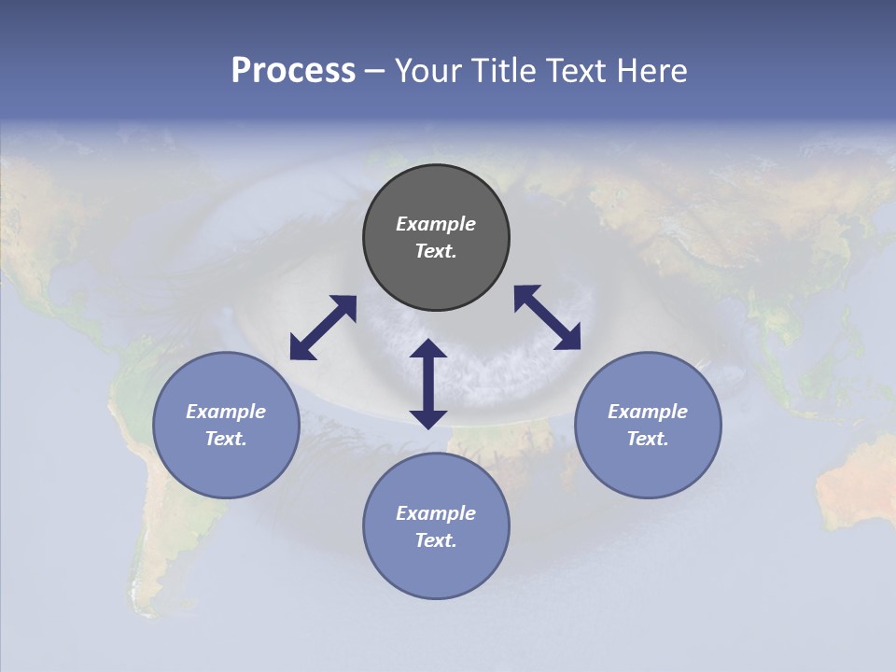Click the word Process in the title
pyautogui.click(x=293, y=71)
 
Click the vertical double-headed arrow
pyautogui.click(x=428, y=385)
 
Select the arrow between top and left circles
pyautogui.click(x=323, y=328)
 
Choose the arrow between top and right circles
pyautogui.click(x=547, y=317)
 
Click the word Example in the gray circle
pyautogui.click(x=436, y=224)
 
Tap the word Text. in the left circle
pyautogui.click(x=226, y=439)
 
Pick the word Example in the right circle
pyautogui.click(x=648, y=412)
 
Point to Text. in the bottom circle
pyautogui.click(x=436, y=540)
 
